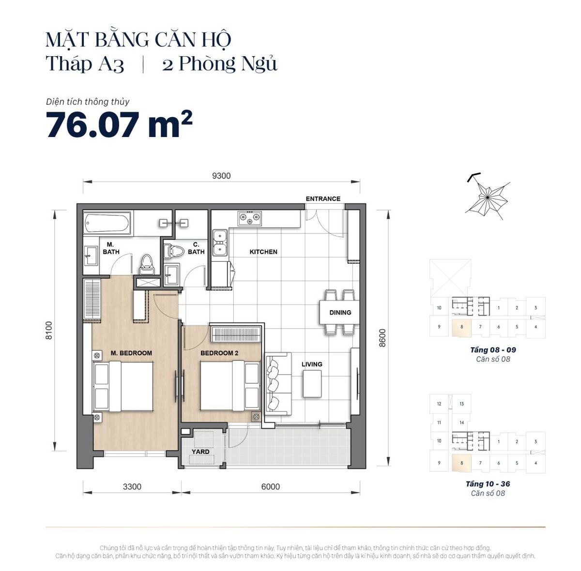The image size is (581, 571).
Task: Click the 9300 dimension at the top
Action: (221, 176)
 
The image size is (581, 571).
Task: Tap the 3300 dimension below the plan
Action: (132, 486)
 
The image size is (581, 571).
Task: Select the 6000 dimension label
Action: (270, 486)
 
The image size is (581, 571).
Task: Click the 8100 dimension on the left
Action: (48, 331)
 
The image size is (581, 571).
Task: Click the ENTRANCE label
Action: (323, 198)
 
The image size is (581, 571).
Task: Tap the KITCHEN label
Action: (263, 252)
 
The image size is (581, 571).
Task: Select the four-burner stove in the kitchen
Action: (249, 218)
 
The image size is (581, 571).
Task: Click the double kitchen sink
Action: (221, 242)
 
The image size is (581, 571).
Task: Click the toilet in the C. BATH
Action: (173, 251)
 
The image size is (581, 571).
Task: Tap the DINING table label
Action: (340, 312)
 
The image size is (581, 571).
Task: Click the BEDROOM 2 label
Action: (219, 353)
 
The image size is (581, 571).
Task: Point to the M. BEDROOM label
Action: (131, 353)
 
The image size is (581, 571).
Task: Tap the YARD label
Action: (200, 451)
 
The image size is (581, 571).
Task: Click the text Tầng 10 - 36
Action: (488, 484)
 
